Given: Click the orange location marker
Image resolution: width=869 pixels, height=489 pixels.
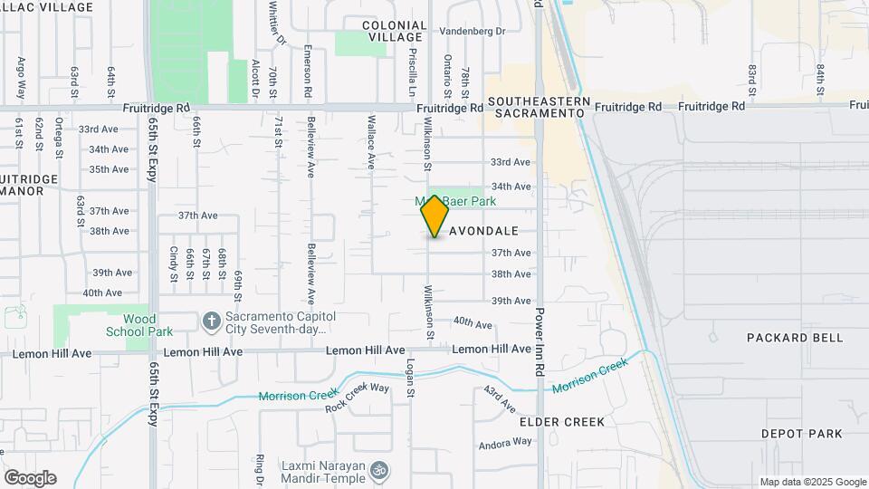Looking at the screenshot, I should [435, 216].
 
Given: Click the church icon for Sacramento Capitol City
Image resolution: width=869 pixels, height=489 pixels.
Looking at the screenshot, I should [211, 321].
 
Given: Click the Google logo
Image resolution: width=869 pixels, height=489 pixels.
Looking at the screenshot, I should [30, 477].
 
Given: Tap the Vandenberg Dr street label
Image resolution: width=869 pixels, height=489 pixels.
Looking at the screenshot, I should [472, 31].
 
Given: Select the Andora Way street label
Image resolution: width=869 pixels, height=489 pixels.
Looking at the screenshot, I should [505, 443].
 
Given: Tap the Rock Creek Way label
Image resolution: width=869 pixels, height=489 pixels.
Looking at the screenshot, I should [357, 398].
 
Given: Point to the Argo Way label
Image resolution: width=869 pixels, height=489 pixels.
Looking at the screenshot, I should [21, 78].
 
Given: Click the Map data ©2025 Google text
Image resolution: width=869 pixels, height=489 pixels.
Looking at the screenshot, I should [813, 482].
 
